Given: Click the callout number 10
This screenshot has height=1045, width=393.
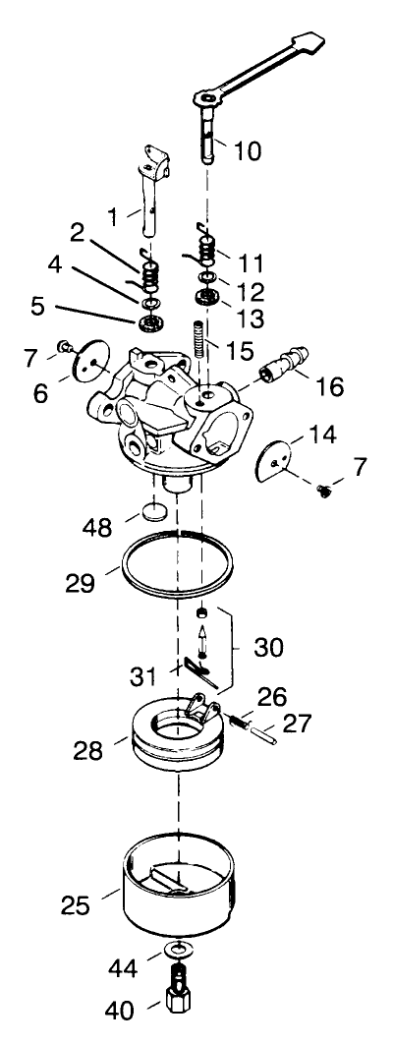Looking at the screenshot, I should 249,151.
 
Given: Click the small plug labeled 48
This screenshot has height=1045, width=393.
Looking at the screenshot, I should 152,513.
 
